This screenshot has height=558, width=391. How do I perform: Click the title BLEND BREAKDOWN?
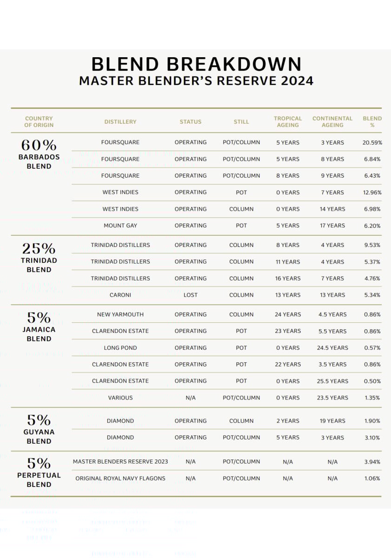pos(196,64)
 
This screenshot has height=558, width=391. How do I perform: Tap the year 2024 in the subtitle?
pos(297,81)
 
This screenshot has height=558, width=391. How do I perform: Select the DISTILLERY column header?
pos(120,122)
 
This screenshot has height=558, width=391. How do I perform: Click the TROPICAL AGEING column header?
pos(288,122)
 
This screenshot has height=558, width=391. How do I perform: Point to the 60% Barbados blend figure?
pos(39,145)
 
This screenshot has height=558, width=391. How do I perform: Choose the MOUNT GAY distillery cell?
pos(120,226)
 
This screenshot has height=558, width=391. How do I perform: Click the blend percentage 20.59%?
pos(372,142)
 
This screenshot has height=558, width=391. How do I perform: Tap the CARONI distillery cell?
pos(120,295)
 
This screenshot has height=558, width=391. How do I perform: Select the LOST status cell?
pos(191,295)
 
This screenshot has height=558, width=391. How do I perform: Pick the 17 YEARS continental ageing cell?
pos(332,226)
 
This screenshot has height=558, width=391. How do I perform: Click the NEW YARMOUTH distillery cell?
pos(120,314)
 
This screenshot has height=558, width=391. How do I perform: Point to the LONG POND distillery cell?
pos(120,348)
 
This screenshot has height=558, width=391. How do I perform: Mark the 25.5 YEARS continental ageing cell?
pos(332,381)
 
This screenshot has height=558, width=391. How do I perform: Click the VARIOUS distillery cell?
pos(120,398)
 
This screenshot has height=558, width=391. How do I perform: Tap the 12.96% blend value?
pos(372,193)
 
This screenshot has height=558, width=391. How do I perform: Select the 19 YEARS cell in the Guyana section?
pos(332,421)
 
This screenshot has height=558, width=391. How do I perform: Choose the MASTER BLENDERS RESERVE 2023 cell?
pos(120,462)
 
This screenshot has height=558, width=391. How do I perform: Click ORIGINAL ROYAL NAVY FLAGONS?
pos(120,478)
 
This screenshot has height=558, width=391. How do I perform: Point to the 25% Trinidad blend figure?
pos(39,249)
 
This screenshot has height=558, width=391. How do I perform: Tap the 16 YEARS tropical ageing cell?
pos(288,279)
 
